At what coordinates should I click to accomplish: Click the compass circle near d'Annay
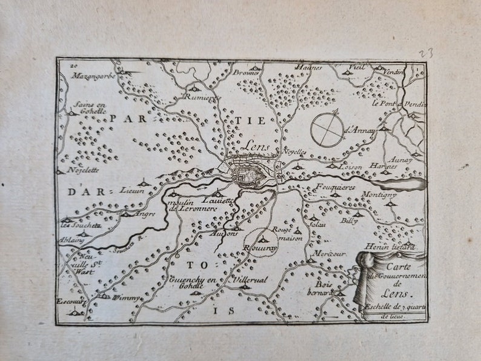click(x=328, y=130)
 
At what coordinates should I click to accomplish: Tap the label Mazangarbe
click(x=92, y=76)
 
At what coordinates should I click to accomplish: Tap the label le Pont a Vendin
click(x=399, y=104)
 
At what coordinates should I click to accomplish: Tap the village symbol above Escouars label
click(x=76, y=311)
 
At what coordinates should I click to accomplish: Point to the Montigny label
click(x=379, y=195)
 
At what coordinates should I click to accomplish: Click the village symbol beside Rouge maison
click(x=297, y=230)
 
